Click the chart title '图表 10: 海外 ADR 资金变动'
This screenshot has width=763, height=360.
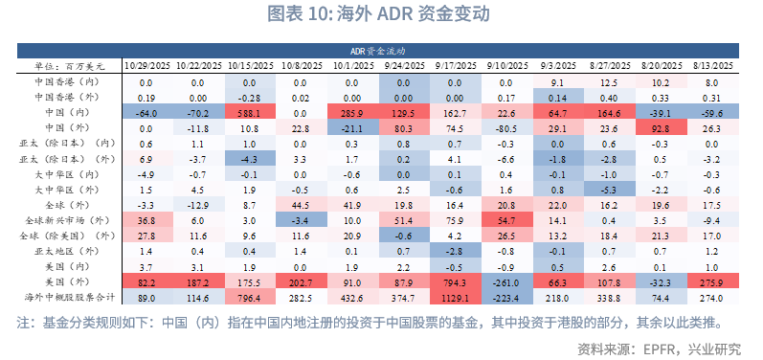point(381,14)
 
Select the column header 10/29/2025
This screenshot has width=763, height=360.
point(147,65)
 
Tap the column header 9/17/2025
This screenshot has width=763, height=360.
point(455,65)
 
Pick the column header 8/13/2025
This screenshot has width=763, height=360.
point(711,65)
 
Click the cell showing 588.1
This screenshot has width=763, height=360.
point(250,112)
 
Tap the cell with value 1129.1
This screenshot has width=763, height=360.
point(455,299)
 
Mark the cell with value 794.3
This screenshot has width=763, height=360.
point(455,283)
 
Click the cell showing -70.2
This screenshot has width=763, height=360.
point(198,112)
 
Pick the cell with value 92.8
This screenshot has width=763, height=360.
point(660,127)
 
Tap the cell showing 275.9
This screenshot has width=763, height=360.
point(711,283)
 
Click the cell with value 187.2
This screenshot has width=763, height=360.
point(198,283)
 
